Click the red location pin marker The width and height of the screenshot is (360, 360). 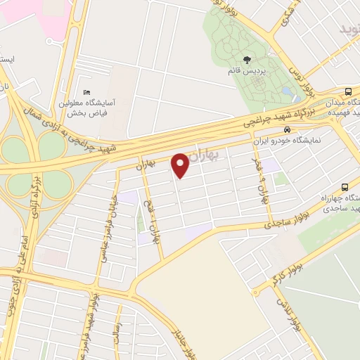coord(180,165)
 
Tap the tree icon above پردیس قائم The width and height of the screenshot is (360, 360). coord(247,60)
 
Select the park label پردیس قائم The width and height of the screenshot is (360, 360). coord(247,72)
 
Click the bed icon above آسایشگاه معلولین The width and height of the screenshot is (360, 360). coord(86,93)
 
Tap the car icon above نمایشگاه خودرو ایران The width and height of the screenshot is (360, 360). coord(286,130)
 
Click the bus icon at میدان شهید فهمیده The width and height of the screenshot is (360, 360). coord(349,92)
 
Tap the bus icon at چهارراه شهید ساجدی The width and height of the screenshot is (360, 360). coord(344,187)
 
